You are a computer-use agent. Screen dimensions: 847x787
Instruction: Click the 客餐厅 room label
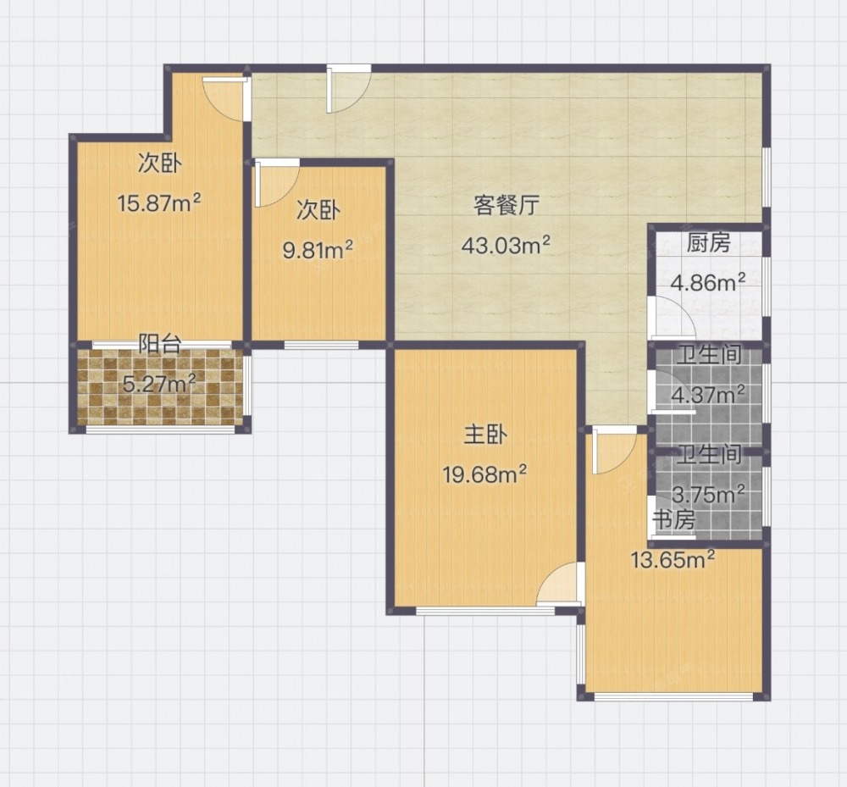click(507, 206)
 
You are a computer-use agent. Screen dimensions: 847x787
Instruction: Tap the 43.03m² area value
click(506, 245)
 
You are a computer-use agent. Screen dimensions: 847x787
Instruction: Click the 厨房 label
click(708, 244)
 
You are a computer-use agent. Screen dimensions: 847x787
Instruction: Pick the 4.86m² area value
click(707, 282)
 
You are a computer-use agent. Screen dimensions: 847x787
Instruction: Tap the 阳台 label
click(159, 344)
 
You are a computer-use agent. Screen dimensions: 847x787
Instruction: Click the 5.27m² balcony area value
click(159, 384)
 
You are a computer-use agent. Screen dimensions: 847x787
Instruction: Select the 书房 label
click(673, 520)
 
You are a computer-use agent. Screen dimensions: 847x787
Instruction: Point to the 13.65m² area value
click(673, 560)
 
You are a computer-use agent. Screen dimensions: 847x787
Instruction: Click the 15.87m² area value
click(159, 203)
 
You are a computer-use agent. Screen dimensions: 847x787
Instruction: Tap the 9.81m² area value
click(318, 250)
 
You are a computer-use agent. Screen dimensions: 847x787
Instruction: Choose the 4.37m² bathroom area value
click(707, 394)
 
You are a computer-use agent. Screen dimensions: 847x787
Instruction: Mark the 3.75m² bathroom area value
click(708, 494)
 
